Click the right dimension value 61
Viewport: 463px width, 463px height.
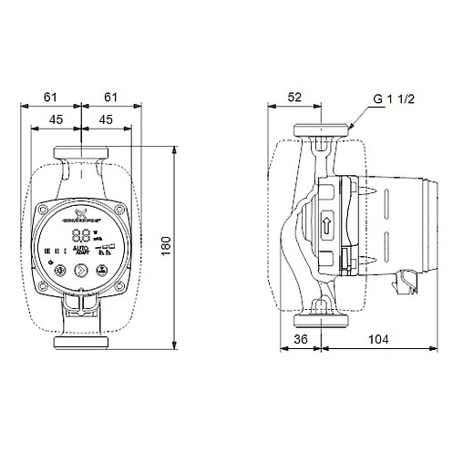click(x=111, y=95)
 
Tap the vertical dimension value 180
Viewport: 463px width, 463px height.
click(x=190, y=248)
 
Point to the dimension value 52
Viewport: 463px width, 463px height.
click(x=294, y=95)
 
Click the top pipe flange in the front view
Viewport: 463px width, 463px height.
click(x=83, y=150)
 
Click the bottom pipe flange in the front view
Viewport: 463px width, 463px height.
click(x=83, y=343)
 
